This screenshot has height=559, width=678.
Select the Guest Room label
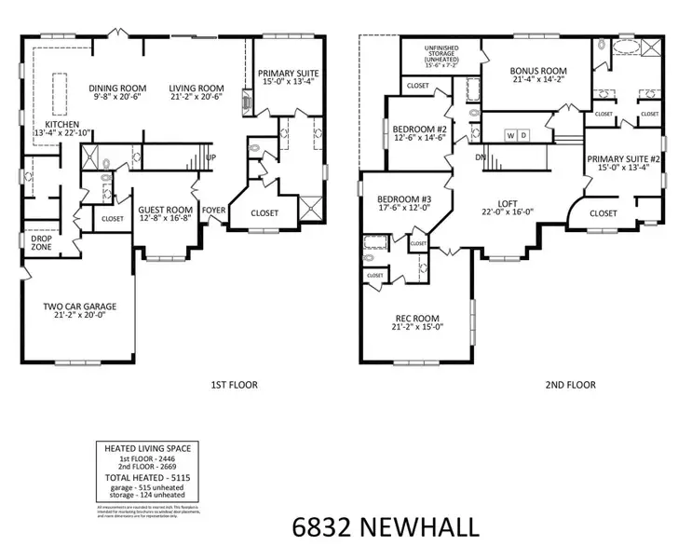tap(165, 211)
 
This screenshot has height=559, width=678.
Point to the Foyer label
tap(213, 211)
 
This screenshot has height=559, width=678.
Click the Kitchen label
tap(56, 124)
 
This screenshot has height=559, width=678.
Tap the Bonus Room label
tap(538, 71)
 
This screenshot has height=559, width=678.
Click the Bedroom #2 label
tap(415, 129)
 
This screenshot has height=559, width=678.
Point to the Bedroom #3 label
tap(401, 199)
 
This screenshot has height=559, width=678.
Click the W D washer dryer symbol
tap(516, 135)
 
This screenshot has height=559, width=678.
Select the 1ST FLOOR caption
tap(234, 384)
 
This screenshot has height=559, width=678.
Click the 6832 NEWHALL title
tap(380, 528)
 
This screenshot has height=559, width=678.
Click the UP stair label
tap(210, 157)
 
